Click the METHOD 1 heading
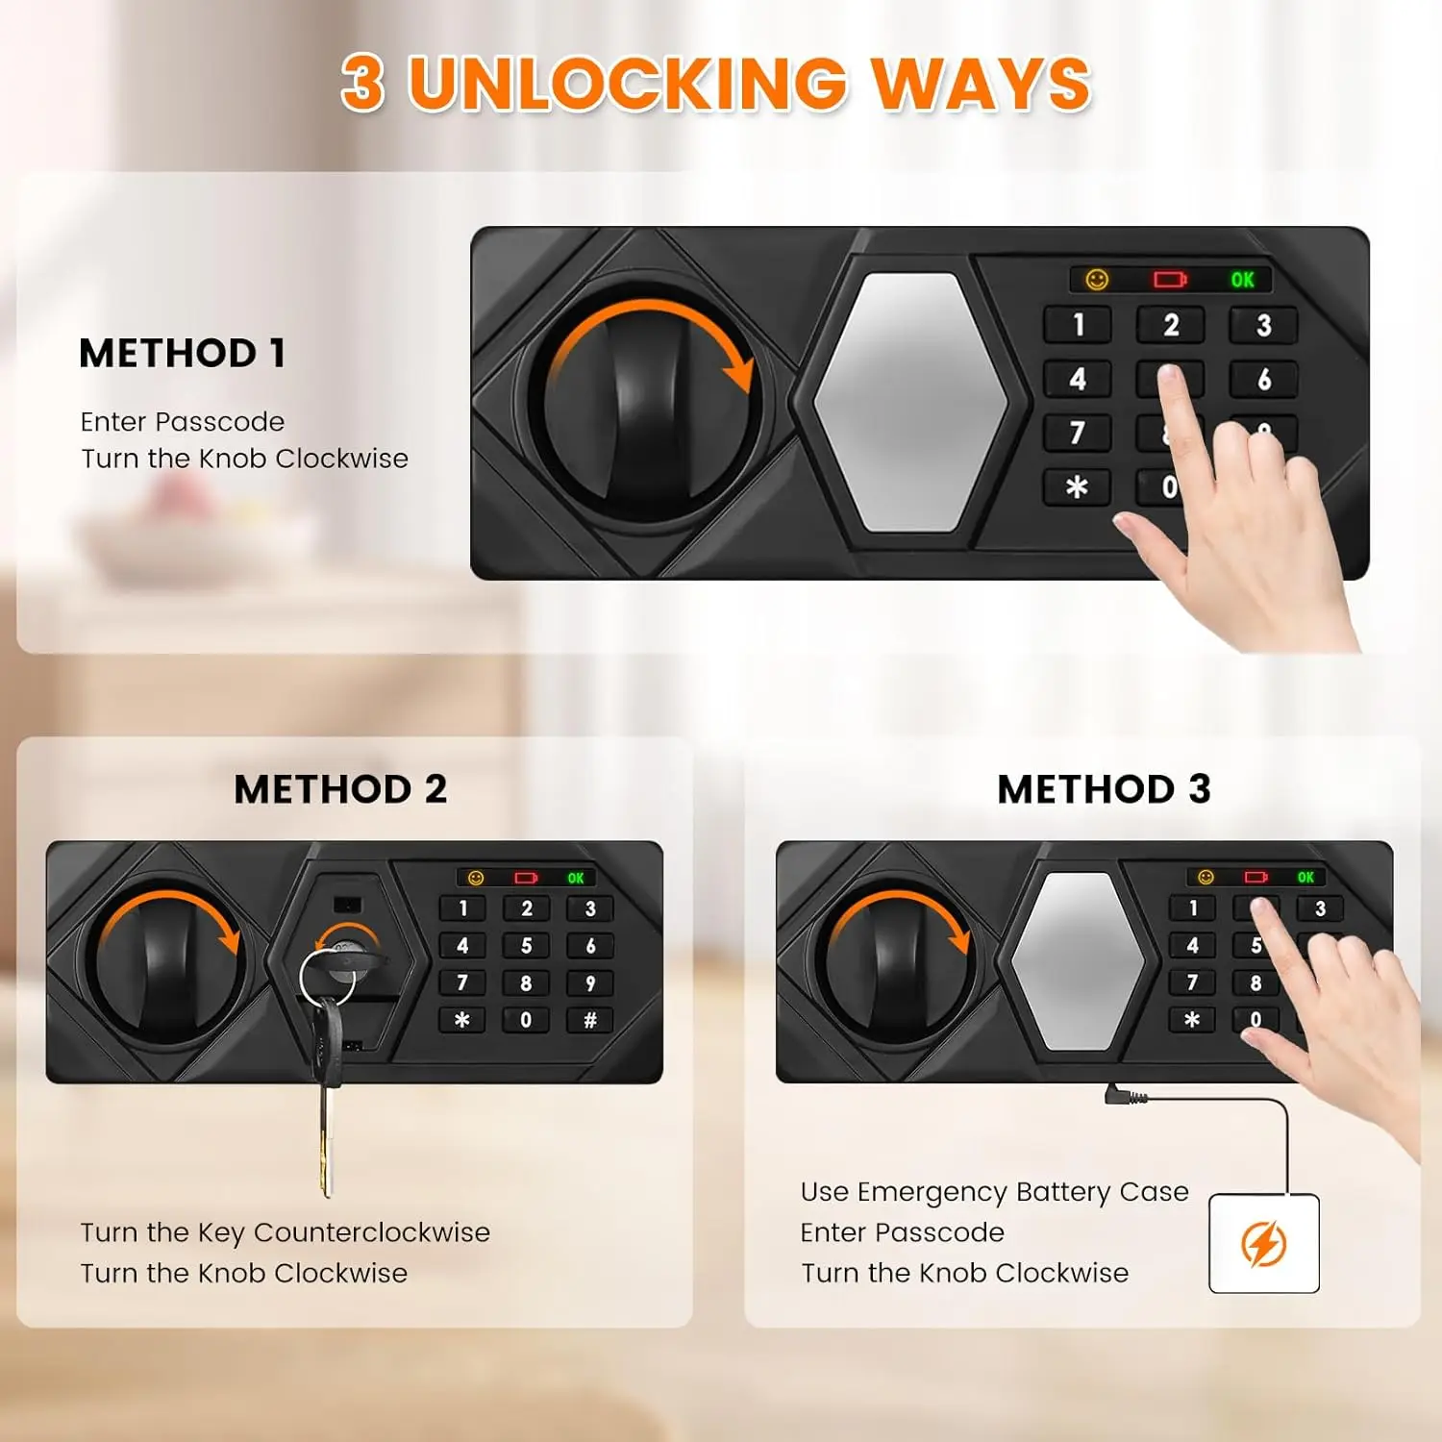183,353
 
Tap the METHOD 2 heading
340,789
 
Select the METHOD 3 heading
1104,789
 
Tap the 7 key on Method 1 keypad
1078,434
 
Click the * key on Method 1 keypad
1077,487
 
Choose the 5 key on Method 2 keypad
526,946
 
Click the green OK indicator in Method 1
1242,280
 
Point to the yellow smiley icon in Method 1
1097,280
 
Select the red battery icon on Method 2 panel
526,878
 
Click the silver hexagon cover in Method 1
909,402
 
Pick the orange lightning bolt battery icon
1263,1244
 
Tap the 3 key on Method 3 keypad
1320,908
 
